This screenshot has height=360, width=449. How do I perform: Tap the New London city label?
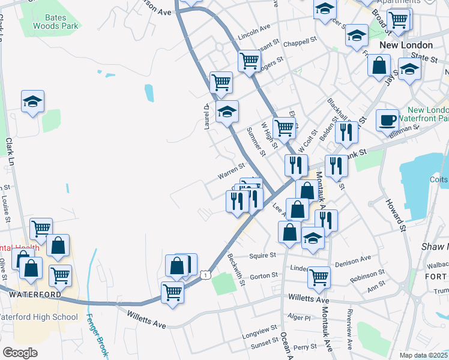[x=406, y=46]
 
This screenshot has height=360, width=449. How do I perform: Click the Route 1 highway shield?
[x=206, y=274]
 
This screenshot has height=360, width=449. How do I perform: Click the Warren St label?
[x=231, y=172]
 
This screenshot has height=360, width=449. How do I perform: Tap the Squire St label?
[x=262, y=255]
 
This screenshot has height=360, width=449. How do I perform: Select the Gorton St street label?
[x=264, y=276]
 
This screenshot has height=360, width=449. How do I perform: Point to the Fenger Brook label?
[x=96, y=336]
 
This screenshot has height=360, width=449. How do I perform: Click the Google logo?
[x=20, y=353]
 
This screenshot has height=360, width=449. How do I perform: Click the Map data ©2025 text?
[x=423, y=355]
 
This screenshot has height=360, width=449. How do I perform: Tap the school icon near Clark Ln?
[x=32, y=101]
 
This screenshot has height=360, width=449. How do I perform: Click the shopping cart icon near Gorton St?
[x=319, y=277]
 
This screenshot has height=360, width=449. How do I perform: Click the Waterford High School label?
[x=39, y=317]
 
